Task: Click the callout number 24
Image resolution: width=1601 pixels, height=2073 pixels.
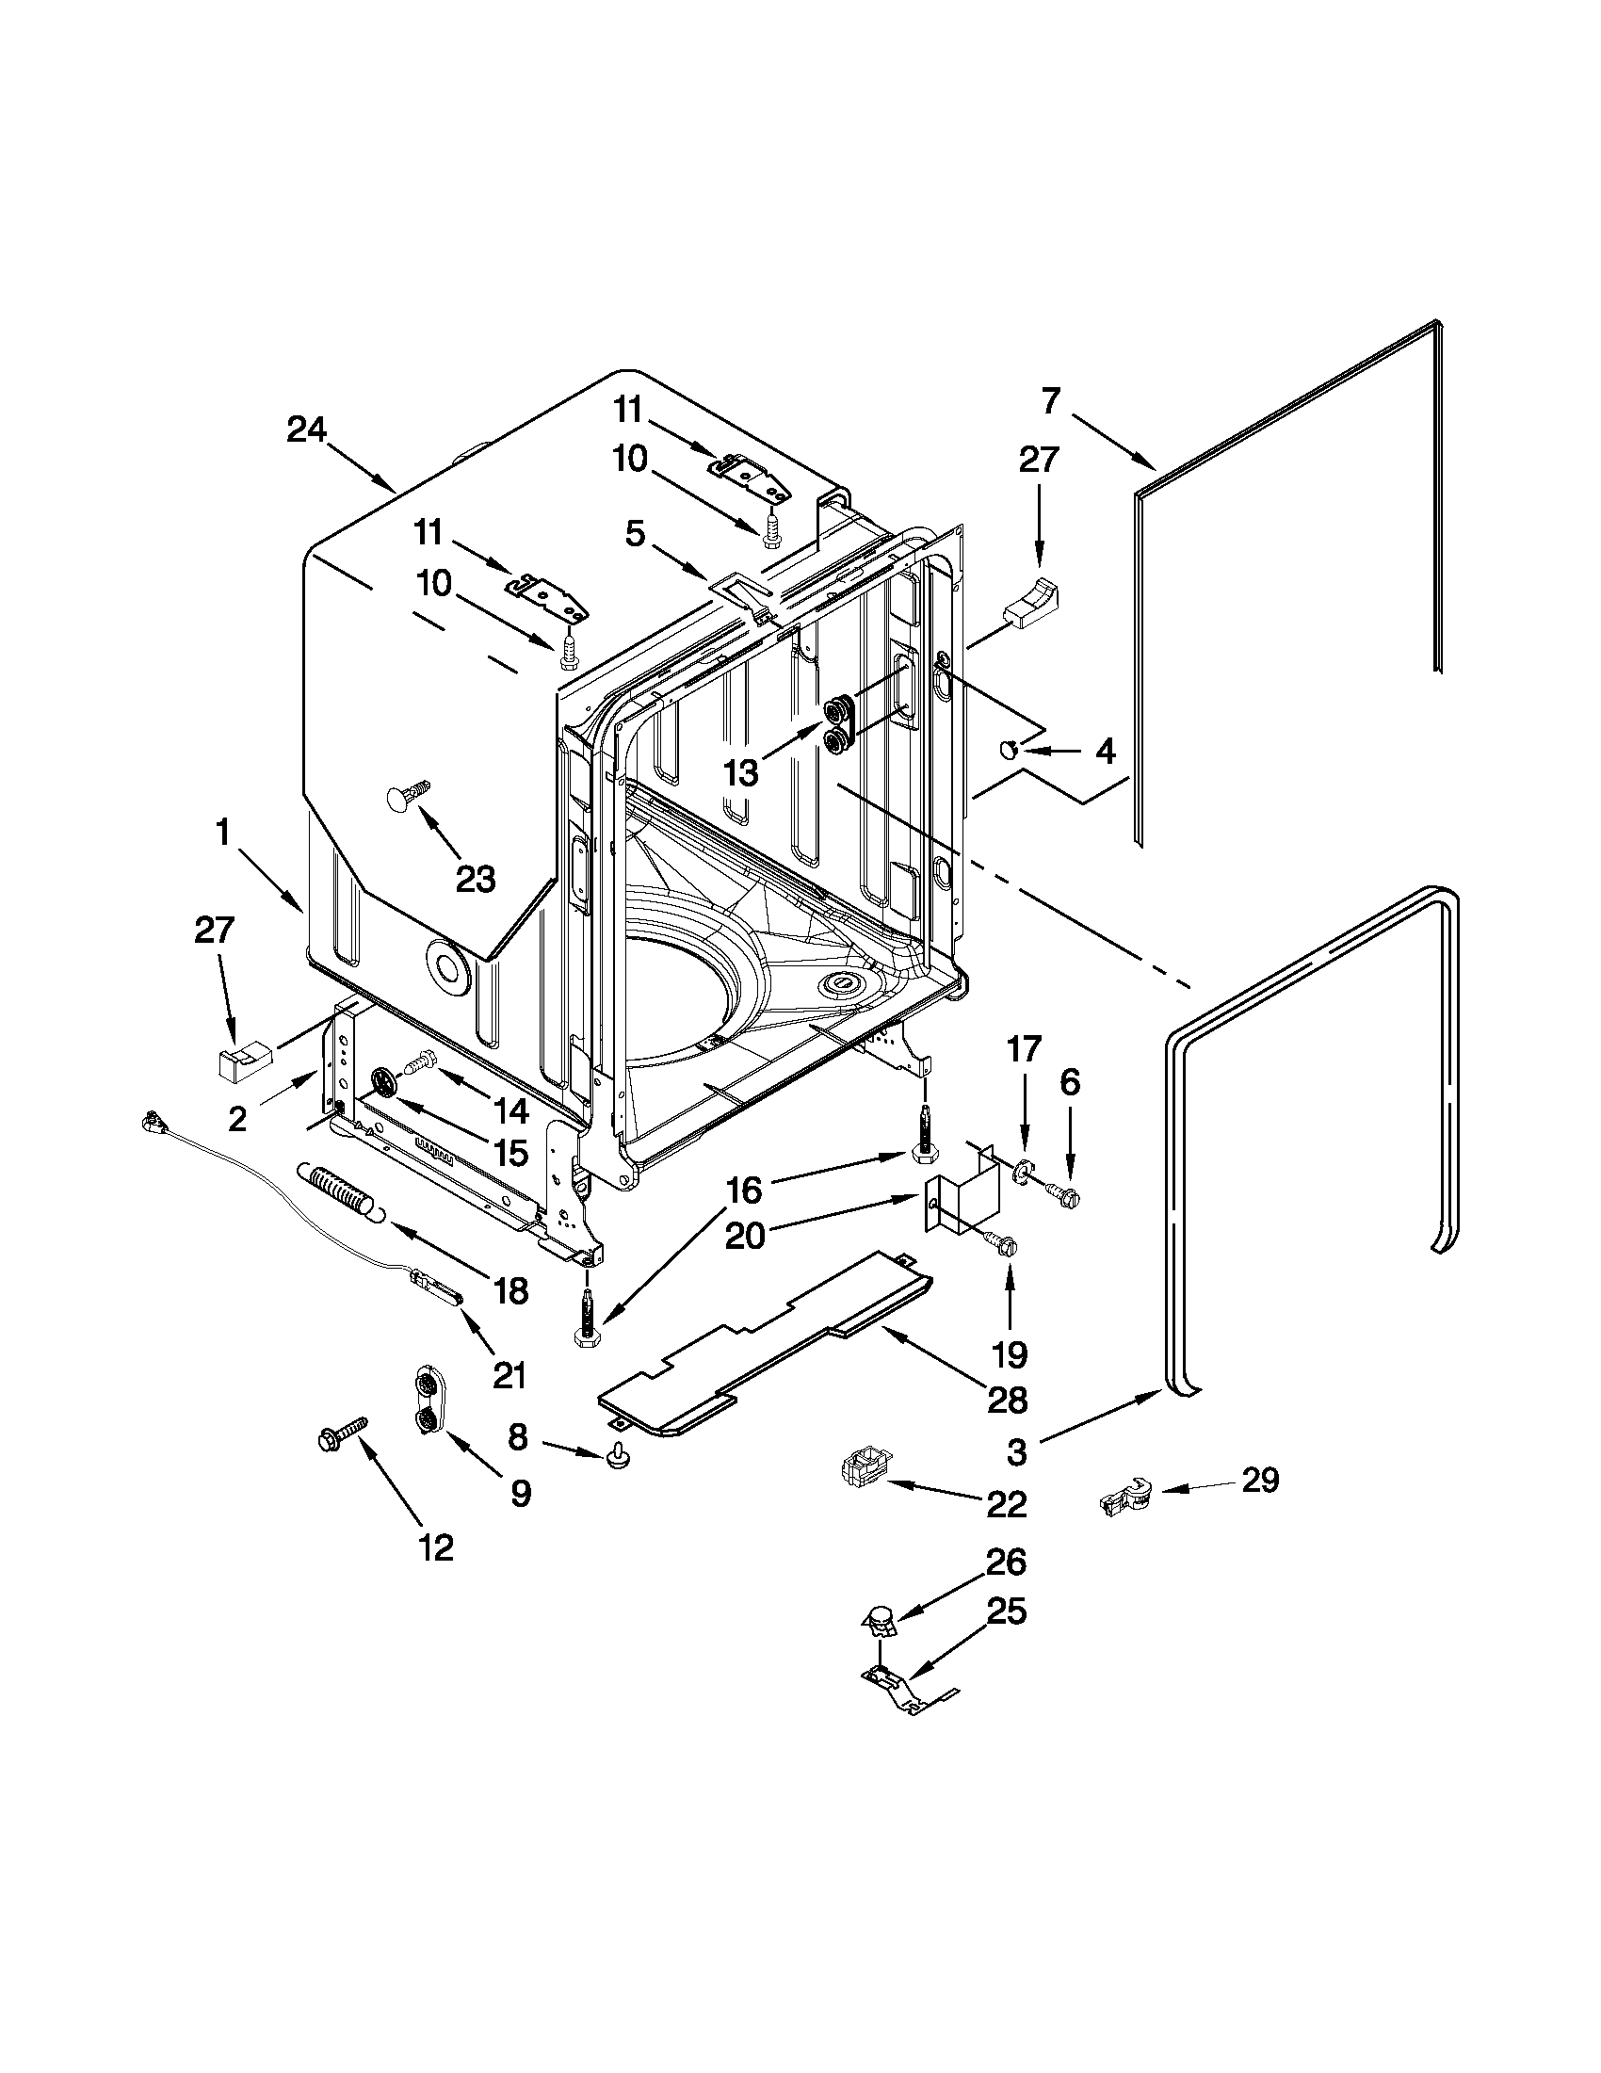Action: [x=306, y=430]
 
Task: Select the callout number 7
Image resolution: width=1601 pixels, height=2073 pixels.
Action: [x=1049, y=401]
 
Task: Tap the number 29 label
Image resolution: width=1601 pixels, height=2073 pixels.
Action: [x=1259, y=1480]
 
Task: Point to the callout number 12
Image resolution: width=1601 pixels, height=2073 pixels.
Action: [x=436, y=1548]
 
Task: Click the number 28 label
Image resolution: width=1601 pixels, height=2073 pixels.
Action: [x=1006, y=1399]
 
